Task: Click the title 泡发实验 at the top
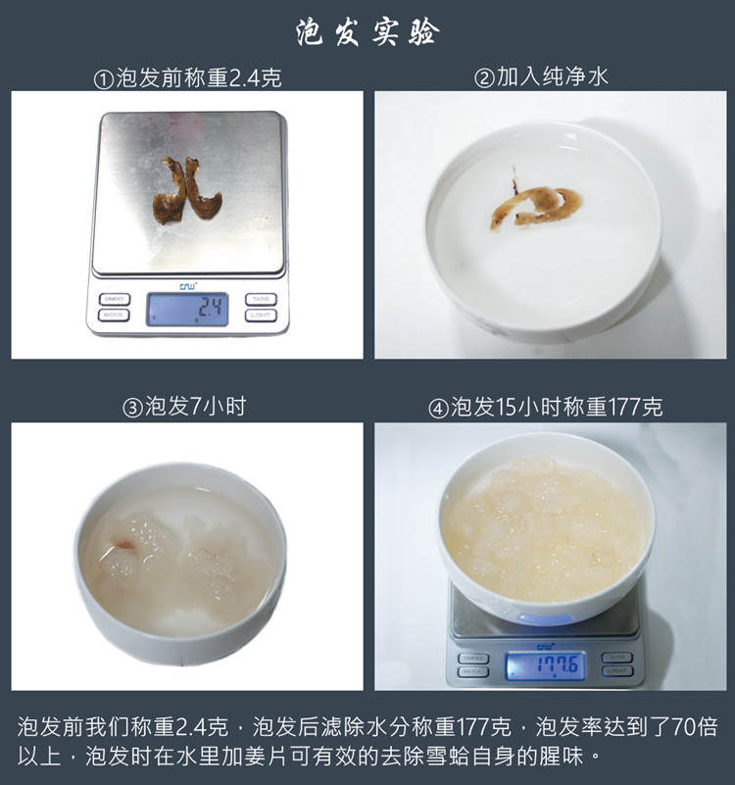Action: (367, 32)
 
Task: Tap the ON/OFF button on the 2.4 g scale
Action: (114, 299)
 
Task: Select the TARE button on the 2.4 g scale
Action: (260, 299)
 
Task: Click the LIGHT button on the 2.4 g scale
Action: (260, 315)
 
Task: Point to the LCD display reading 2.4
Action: (187, 310)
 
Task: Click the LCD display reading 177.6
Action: (544, 666)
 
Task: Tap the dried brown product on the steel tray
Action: (186, 191)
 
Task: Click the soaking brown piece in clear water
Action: (537, 204)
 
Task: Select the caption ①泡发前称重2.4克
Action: (187, 78)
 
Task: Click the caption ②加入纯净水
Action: (541, 76)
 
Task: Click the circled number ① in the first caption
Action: (102, 79)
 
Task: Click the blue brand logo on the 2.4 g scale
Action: (187, 286)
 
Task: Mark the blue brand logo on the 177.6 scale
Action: (544, 645)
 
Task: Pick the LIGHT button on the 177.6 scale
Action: (616, 671)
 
